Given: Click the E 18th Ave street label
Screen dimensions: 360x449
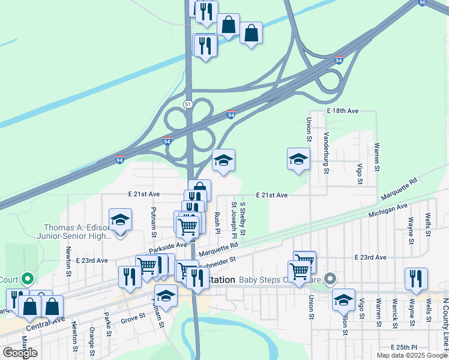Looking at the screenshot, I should (x=343, y=112).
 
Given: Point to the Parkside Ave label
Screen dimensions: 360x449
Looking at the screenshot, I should (x=168, y=246).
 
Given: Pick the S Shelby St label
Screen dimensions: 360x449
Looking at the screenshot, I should (x=243, y=219).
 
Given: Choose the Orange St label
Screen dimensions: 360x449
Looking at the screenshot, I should (x=91, y=340).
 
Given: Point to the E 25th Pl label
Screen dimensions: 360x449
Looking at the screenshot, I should (x=403, y=348).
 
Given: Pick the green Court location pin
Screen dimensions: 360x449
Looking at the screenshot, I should (x=26, y=279).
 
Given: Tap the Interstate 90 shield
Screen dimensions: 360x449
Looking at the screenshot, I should (x=423, y=3).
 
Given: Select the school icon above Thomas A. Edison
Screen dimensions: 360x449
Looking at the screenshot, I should (x=120, y=220).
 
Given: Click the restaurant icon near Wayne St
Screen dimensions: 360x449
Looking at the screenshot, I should (x=416, y=278).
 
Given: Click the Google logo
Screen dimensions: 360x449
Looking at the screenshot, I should (x=20, y=353).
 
